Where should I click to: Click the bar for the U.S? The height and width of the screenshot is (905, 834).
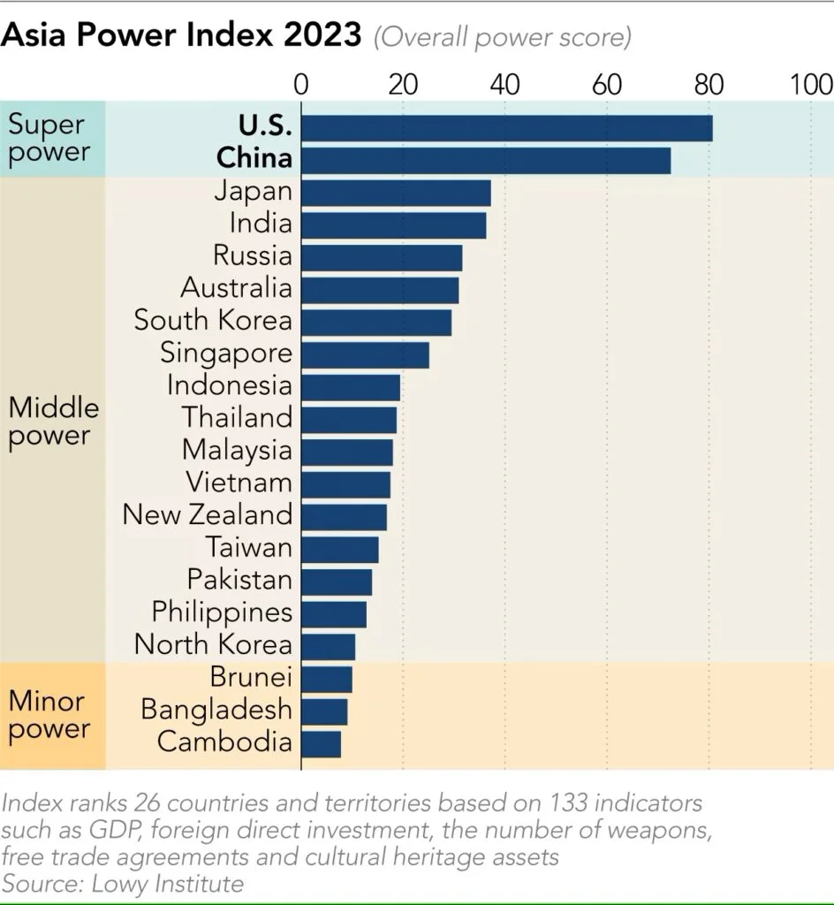506,128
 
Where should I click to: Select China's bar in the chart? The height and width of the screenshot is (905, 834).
486,161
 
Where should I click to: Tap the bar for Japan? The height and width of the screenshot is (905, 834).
396,193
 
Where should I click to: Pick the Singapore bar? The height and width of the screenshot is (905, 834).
365,355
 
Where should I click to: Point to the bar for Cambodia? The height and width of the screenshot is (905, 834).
322,744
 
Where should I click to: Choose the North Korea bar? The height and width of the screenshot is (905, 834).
329,646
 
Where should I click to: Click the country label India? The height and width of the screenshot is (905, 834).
261,224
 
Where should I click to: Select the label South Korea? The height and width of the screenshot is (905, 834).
212,321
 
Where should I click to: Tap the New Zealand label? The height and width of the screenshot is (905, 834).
207,515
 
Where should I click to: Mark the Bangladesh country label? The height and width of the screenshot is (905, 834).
216,710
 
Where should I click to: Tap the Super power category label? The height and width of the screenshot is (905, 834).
49,139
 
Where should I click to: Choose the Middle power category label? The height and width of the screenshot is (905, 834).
53,422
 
